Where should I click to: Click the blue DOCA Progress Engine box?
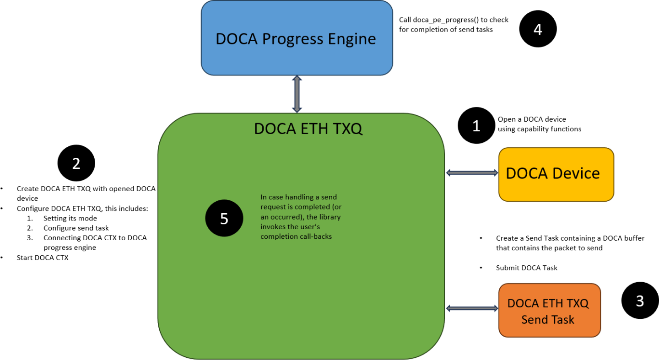pyautogui.click(x=297, y=38)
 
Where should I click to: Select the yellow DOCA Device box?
pyautogui.click(x=556, y=174)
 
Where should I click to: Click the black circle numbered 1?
pyautogui.click(x=476, y=126)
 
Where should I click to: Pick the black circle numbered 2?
pyautogui.click(x=76, y=163)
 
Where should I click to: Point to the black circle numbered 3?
pyautogui.click(x=640, y=301)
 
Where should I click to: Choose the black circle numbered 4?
pyautogui.click(x=538, y=29)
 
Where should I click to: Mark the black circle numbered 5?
pyautogui.click(x=224, y=219)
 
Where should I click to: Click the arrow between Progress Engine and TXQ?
pyautogui.click(x=297, y=94)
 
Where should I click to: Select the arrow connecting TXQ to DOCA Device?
pyautogui.click(x=472, y=172)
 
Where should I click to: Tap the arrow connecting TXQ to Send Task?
pyautogui.click(x=472, y=309)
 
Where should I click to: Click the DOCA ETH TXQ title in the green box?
pyautogui.click(x=308, y=129)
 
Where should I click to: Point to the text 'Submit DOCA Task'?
pyautogui.click(x=526, y=268)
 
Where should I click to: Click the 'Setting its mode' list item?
pyautogui.click(x=70, y=218)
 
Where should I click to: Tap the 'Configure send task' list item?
pyautogui.click(x=76, y=228)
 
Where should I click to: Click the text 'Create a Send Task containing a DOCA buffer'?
pyautogui.click(x=570, y=238)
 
